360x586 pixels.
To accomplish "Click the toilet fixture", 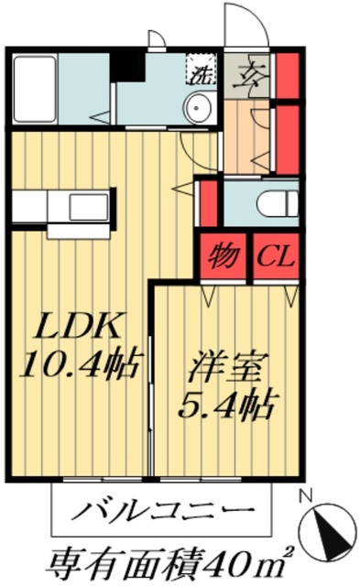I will click(275, 202).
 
